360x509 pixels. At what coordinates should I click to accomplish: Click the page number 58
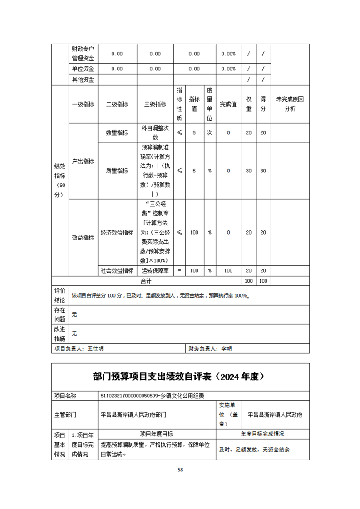click(180, 470)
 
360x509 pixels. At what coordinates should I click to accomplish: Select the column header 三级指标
click(155, 104)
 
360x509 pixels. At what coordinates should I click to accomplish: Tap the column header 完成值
click(228, 104)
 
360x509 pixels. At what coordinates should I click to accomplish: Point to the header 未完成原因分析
click(290, 104)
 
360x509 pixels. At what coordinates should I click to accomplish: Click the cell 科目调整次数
click(155, 132)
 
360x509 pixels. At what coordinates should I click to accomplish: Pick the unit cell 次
click(210, 132)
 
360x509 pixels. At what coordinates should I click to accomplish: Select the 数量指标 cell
click(117, 132)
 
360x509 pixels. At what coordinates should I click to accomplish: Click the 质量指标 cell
click(117, 171)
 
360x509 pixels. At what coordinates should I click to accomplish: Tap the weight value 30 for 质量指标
click(249, 171)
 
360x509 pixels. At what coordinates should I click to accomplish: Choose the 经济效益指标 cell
click(117, 232)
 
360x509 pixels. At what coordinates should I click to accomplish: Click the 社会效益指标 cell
click(117, 270)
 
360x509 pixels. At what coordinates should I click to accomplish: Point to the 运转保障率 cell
click(155, 270)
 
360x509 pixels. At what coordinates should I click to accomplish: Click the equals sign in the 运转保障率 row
click(179, 270)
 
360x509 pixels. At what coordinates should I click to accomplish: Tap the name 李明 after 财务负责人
click(226, 348)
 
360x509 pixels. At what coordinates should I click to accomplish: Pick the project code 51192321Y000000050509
click(129, 396)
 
